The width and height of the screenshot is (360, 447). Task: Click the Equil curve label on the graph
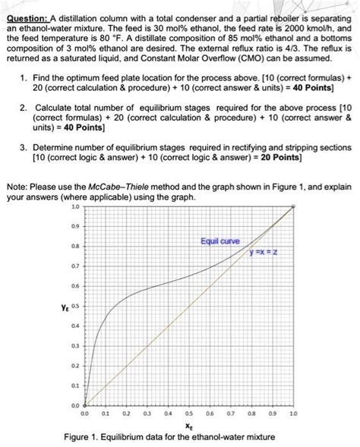(220, 241)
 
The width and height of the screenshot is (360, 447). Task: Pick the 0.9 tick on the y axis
(74, 226)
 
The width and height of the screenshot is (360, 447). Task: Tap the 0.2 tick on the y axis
(74, 365)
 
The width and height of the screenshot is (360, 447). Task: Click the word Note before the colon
(17, 187)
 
